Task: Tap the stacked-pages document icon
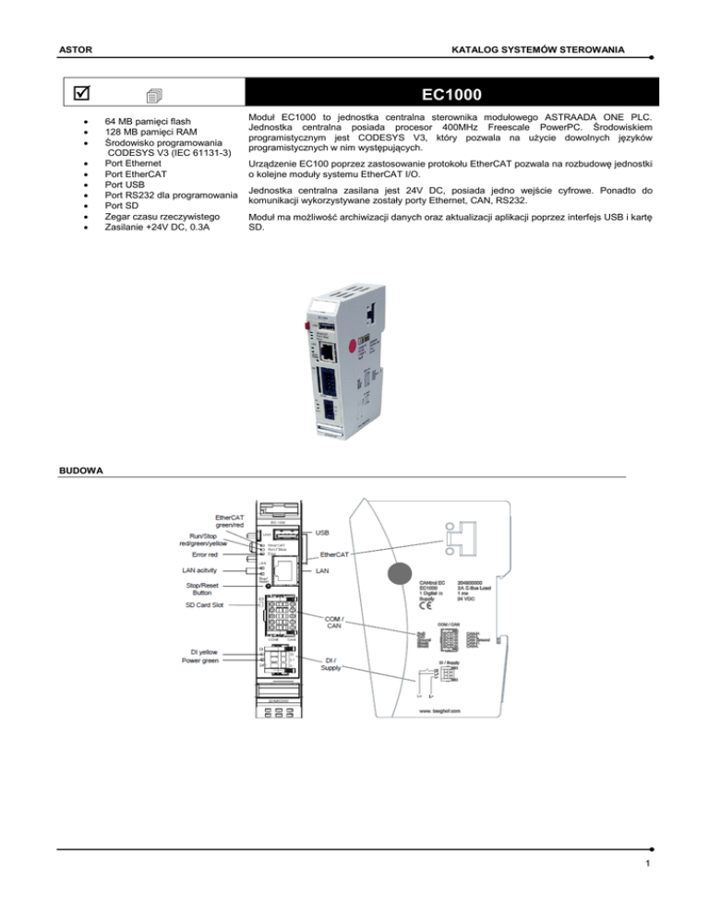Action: tap(154, 96)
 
